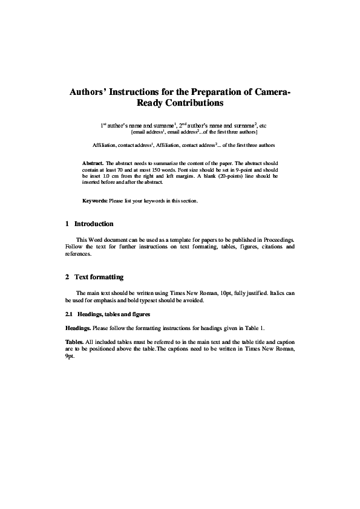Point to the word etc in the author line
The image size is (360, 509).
[x=263, y=125]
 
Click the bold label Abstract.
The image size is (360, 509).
[x=93, y=164]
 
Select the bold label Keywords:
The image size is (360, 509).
[x=95, y=200]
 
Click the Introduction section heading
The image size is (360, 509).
[x=94, y=224]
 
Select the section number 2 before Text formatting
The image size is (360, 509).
[x=67, y=277]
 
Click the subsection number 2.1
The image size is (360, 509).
[x=69, y=315]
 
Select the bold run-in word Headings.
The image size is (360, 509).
[x=78, y=328]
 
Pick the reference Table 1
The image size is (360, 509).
[x=255, y=328]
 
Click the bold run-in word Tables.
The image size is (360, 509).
[x=75, y=342]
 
